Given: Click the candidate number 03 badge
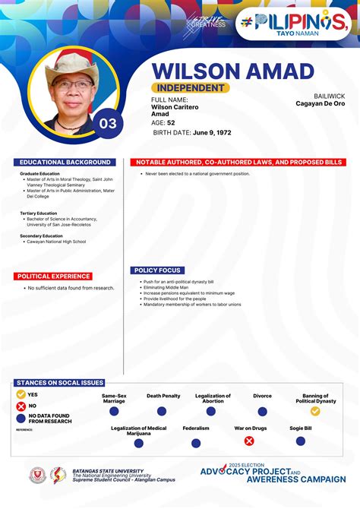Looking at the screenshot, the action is tap(108, 123).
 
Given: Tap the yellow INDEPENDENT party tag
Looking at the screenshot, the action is tap(190, 88).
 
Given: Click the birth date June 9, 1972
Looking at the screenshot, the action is tap(211, 132).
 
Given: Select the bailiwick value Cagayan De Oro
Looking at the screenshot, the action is tap(320, 103).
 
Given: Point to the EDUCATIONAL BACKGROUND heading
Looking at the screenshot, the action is tap(65, 163).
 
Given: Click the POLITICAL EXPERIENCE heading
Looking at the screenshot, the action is tap(54, 277).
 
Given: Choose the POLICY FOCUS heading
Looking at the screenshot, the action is tap(157, 270).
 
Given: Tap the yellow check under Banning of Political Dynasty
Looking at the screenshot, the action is tap(314, 411).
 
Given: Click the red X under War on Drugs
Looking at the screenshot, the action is tap(249, 441).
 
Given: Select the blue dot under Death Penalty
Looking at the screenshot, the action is tap(162, 411).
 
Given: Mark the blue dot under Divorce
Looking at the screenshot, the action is tap(262, 411).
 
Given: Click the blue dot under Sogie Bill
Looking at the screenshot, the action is tap(300, 441).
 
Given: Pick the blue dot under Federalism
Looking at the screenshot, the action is tap(196, 443).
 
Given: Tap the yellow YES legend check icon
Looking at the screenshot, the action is tap(21, 394).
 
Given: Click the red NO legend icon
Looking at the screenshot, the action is tap(21, 406).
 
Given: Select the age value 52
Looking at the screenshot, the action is tap(171, 122).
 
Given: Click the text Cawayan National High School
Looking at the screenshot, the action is tap(57, 242).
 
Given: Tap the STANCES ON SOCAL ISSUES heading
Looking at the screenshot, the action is tap(59, 383).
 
